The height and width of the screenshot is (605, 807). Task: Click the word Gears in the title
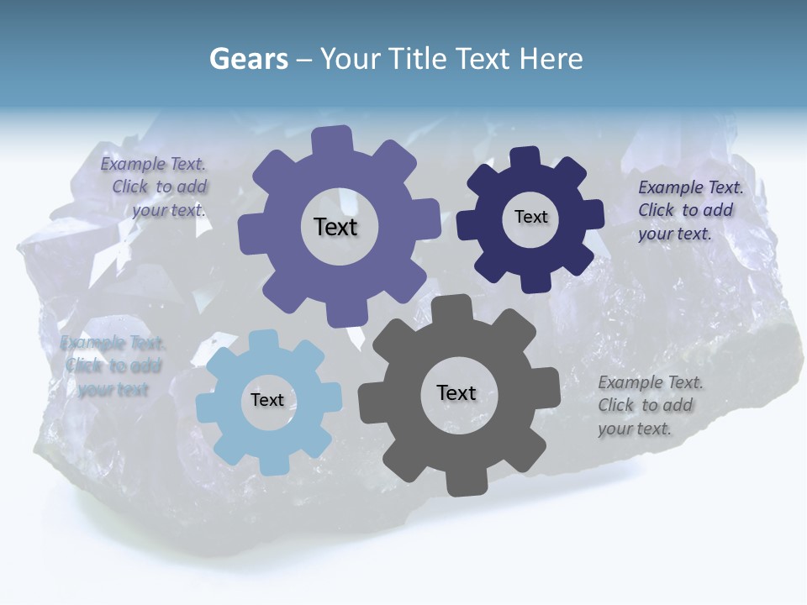(248, 59)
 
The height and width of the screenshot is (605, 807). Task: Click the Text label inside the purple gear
(335, 227)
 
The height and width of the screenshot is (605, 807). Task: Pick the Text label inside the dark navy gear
(530, 217)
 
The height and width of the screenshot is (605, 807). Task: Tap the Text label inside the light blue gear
(267, 401)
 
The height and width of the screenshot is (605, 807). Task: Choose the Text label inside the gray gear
(456, 392)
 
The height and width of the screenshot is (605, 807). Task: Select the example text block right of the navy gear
(689, 210)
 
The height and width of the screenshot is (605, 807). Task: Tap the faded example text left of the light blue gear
(113, 366)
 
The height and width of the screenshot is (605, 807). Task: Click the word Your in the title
(351, 59)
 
